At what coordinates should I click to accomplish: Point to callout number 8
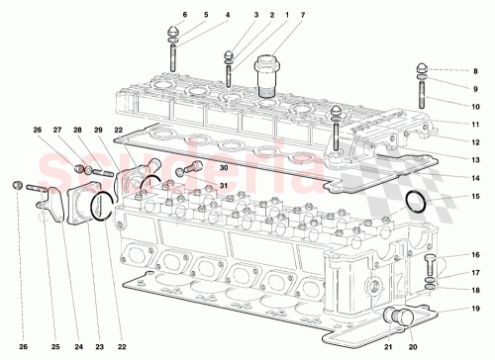coord(475,72)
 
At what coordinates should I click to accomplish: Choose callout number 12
coord(475,141)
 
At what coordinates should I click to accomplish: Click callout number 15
coord(475,197)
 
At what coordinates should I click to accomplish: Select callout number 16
coord(475,255)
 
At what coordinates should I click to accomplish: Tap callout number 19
coord(475,309)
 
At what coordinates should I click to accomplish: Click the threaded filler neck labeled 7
coord(264,75)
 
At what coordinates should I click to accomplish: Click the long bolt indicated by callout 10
coord(423,93)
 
